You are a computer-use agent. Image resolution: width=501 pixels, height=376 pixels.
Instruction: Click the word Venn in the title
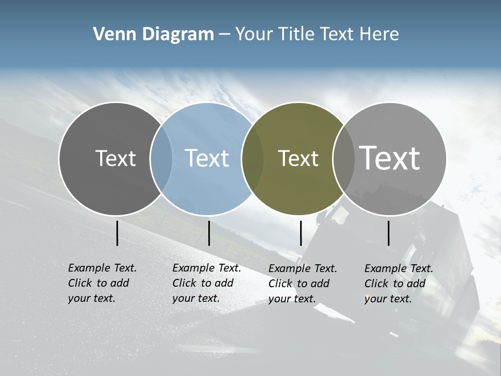point(111,34)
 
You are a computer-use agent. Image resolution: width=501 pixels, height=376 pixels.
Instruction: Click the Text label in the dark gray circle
point(115,158)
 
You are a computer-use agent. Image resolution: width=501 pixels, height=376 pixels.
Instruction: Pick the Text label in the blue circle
point(207,158)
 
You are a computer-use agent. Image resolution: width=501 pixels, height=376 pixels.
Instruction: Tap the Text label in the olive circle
point(298,158)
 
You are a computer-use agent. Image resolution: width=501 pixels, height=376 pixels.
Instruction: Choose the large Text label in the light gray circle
point(389,158)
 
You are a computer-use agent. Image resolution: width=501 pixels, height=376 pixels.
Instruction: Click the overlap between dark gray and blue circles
point(161,159)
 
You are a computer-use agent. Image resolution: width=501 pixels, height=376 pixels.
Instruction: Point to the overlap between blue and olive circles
point(253,159)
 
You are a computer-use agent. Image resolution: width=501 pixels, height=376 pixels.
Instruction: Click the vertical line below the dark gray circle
point(117,233)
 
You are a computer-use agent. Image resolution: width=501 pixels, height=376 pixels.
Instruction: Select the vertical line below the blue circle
point(209,233)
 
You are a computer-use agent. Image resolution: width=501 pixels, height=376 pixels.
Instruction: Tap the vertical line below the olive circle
point(301,233)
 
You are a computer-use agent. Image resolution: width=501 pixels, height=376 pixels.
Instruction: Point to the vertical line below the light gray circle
point(389,233)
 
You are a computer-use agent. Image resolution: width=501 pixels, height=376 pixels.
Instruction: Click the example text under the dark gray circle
point(102,283)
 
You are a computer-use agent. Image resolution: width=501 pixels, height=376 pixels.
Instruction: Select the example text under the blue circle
point(207,283)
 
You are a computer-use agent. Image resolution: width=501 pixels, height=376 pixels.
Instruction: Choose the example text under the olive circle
point(303,284)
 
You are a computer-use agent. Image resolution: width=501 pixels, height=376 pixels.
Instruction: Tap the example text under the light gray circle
point(399,284)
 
